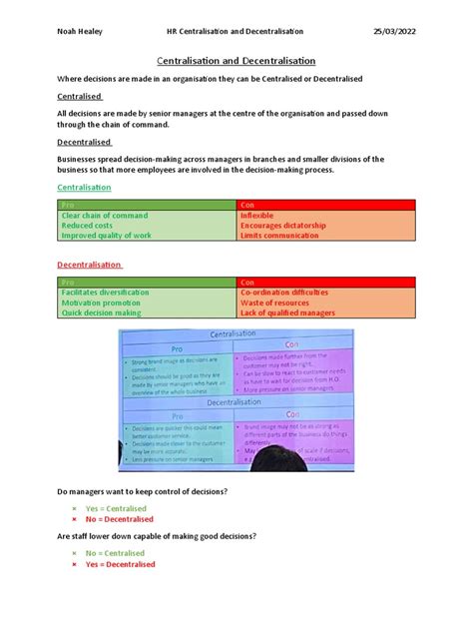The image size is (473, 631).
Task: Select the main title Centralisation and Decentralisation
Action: click(x=236, y=60)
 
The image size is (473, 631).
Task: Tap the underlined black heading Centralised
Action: click(x=80, y=96)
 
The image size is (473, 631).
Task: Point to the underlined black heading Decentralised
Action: click(x=84, y=142)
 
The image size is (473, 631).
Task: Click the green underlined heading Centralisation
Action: click(x=85, y=188)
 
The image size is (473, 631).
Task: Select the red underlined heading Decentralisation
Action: click(x=90, y=265)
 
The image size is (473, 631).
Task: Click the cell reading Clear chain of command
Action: click(x=105, y=216)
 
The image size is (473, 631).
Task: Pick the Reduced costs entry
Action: click(x=87, y=226)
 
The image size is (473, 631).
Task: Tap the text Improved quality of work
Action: click(x=106, y=236)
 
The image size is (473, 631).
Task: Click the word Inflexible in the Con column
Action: click(x=257, y=216)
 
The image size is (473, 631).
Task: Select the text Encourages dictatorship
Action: click(x=282, y=226)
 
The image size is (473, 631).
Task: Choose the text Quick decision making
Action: click(x=101, y=313)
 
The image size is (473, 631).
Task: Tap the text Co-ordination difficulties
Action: click(x=283, y=293)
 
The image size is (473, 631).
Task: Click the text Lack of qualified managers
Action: click(x=287, y=313)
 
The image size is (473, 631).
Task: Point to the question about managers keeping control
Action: click(x=142, y=493)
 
